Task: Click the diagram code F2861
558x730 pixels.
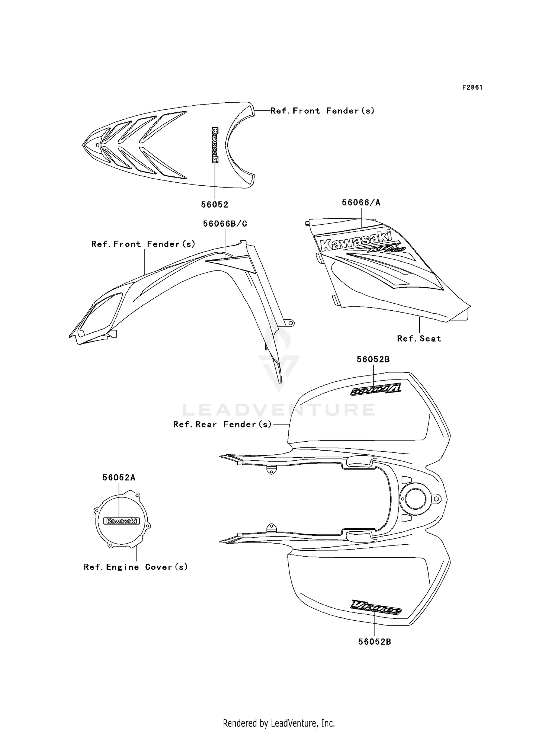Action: click(472, 87)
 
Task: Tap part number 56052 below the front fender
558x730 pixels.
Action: click(215, 205)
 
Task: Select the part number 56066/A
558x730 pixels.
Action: click(361, 203)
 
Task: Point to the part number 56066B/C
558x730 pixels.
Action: click(225, 224)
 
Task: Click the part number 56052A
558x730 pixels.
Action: click(119, 478)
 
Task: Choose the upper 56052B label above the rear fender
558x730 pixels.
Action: click(373, 360)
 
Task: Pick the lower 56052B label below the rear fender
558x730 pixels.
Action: click(375, 642)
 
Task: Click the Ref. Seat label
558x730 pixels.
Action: click(419, 339)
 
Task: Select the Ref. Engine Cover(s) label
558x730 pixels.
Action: click(136, 567)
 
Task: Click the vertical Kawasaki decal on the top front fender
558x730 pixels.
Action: click(215, 145)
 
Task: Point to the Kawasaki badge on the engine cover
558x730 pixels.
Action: click(122, 521)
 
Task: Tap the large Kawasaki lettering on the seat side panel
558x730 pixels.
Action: click(356, 240)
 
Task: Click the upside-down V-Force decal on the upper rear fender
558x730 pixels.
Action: click(376, 390)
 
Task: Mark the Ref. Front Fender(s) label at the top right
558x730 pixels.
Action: click(322, 111)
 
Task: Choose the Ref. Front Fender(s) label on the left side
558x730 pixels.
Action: click(143, 244)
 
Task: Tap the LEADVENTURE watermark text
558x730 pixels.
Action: click(279, 410)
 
